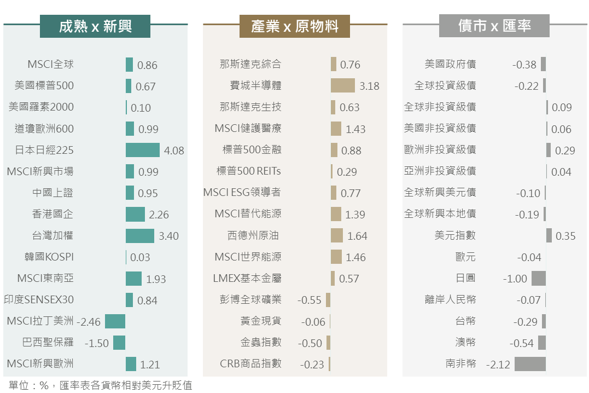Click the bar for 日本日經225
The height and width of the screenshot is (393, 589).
pyautogui.click(x=142, y=150)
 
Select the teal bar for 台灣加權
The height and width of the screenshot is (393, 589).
pyautogui.click(x=139, y=236)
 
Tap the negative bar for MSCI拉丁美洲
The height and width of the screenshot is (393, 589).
pyautogui.click(x=115, y=321)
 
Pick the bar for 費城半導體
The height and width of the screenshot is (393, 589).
pyautogui.click(x=342, y=85)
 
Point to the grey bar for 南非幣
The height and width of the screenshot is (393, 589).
pyautogui.click(x=530, y=364)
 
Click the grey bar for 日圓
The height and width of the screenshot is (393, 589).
pyautogui.click(x=538, y=279)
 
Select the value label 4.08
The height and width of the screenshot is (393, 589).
pyautogui.click(x=174, y=151)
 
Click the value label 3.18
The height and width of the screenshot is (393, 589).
pyautogui.click(x=369, y=86)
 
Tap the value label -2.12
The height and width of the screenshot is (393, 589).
pyautogui.click(x=498, y=365)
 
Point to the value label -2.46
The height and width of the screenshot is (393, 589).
pyautogui.click(x=89, y=322)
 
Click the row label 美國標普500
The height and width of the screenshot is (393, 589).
pyautogui.click(x=44, y=86)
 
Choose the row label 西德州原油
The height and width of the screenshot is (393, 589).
pyautogui.click(x=253, y=236)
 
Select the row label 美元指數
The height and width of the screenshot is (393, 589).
pyautogui.click(x=455, y=235)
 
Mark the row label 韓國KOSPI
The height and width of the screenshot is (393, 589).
pyautogui.click(x=49, y=257)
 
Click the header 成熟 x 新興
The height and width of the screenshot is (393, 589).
pyautogui.click(x=95, y=26)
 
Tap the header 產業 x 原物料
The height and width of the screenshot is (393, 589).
pyautogui.click(x=295, y=26)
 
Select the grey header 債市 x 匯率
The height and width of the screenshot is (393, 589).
pyautogui.click(x=494, y=26)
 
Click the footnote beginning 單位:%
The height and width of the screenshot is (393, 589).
pyautogui.click(x=101, y=385)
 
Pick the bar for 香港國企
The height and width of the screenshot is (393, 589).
pyautogui.click(x=135, y=214)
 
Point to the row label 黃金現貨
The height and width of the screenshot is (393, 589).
pyautogui.click(x=261, y=321)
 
